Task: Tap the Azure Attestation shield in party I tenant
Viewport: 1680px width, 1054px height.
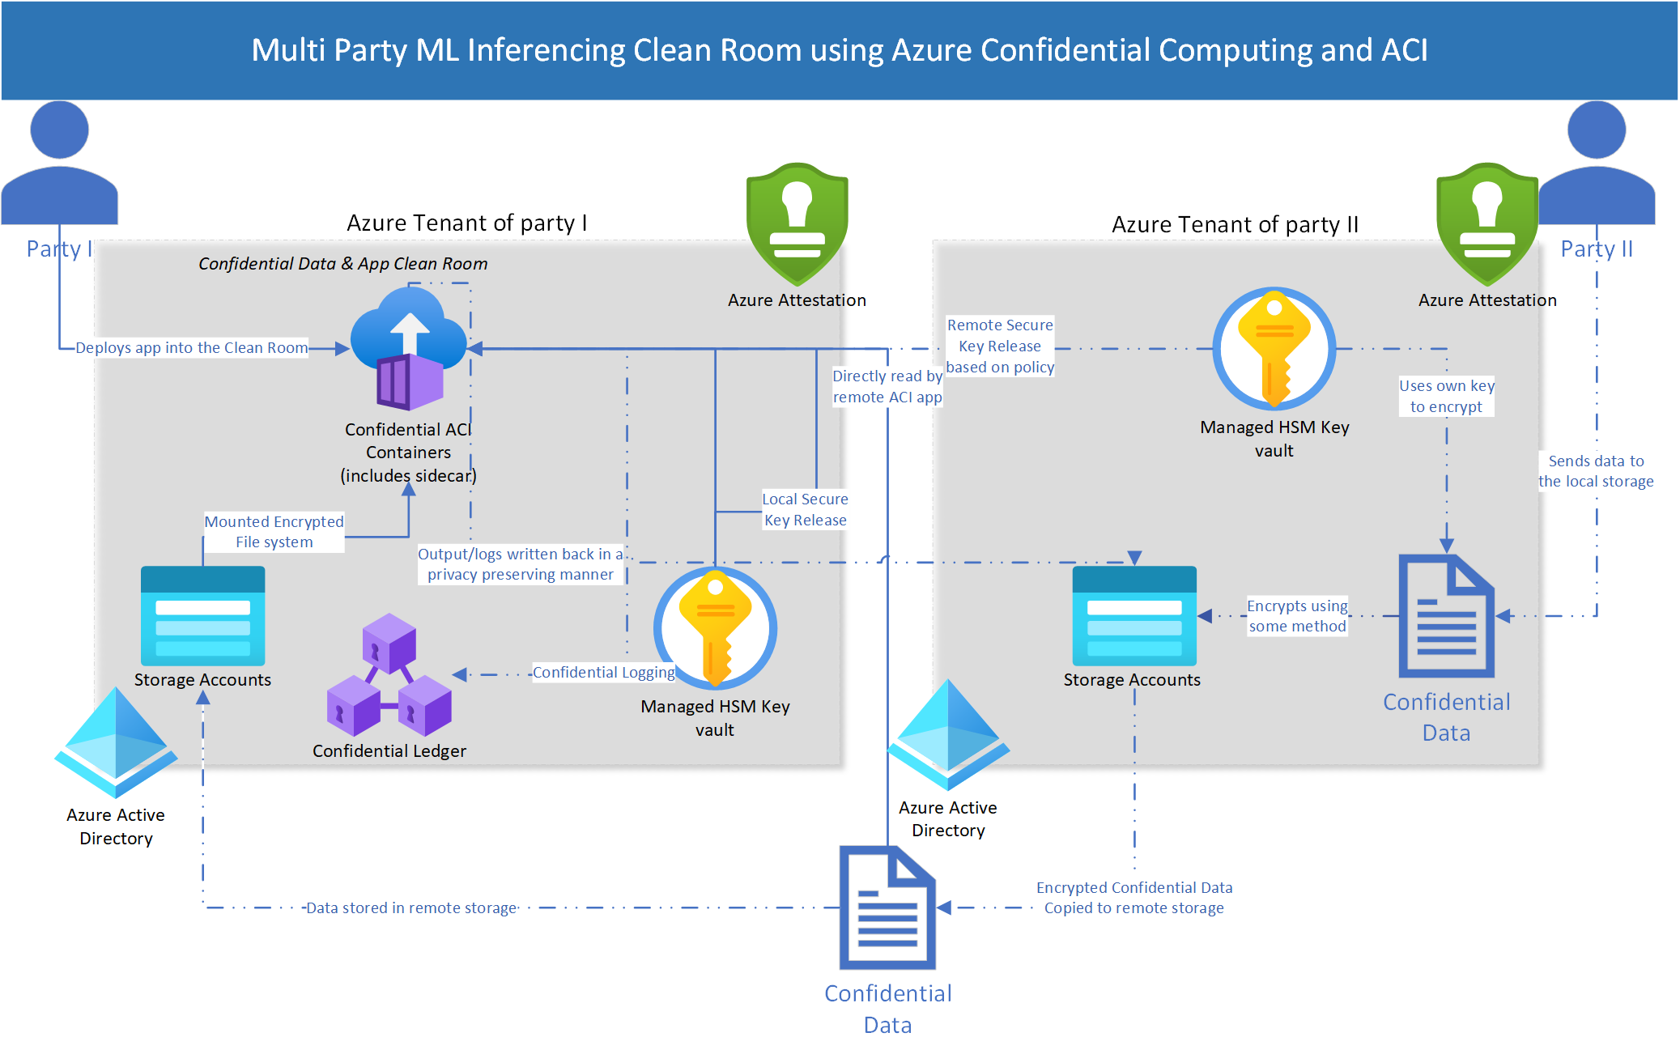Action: click(x=797, y=223)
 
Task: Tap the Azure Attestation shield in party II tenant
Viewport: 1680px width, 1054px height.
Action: click(x=1487, y=223)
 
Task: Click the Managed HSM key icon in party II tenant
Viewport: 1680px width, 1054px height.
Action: click(x=1274, y=348)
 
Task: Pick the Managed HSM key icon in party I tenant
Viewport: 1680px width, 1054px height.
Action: click(x=715, y=627)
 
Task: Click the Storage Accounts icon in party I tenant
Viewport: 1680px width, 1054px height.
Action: click(x=202, y=616)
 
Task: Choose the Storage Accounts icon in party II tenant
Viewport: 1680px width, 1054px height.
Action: click(x=1133, y=616)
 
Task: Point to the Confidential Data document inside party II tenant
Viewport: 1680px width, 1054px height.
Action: click(x=1446, y=616)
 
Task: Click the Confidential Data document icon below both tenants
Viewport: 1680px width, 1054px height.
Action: click(x=887, y=907)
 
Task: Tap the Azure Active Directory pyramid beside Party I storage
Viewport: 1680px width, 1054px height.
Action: click(x=116, y=741)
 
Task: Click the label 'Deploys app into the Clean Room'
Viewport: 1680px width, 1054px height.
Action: click(x=191, y=348)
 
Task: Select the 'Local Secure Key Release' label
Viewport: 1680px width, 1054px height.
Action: click(x=805, y=509)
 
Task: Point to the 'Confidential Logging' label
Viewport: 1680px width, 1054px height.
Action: click(x=603, y=673)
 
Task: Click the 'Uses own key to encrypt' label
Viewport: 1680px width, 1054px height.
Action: click(x=1446, y=396)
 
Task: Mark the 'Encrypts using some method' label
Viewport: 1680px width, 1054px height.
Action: click(x=1297, y=616)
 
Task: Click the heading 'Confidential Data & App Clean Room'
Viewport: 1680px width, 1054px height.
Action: click(x=342, y=264)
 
